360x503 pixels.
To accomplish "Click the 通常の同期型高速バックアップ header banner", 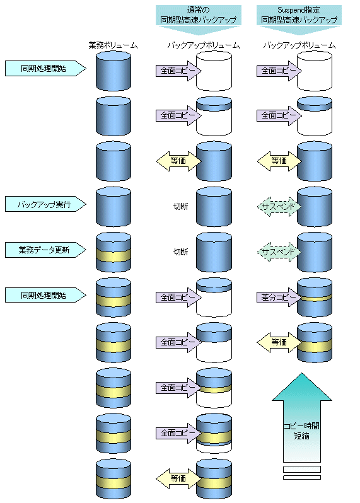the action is pos(199,20).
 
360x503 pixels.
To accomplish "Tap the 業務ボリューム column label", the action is pos(113,45).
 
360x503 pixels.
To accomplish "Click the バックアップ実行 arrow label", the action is pos(45,204).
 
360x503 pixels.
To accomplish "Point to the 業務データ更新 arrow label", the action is pos(45,250).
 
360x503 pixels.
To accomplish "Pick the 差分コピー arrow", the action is pos(279,298).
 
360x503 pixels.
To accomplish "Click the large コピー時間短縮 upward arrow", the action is pos(301,417).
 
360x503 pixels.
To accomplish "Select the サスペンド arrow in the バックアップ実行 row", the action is pos(279,207).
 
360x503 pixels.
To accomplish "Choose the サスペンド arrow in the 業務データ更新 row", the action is pos(279,252).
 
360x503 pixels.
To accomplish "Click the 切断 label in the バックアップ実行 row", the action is pos(181,206).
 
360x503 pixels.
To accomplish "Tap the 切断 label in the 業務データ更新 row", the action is pos(181,252).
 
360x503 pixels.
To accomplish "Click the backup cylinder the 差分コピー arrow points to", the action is pos(315,298).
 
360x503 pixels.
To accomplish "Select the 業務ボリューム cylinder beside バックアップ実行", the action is pos(113,207).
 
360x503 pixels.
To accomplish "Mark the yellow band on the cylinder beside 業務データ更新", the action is pos(113,256).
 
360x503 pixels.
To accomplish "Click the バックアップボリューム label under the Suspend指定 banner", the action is pos(299,45).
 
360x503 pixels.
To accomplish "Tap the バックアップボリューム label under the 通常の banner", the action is pos(204,45).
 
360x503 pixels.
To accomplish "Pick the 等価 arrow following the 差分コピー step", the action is pos(279,342).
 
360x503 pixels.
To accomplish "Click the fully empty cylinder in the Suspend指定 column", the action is pos(315,71).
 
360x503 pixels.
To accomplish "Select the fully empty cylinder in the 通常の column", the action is pos(214,71).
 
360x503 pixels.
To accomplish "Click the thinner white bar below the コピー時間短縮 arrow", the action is pos(301,478).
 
